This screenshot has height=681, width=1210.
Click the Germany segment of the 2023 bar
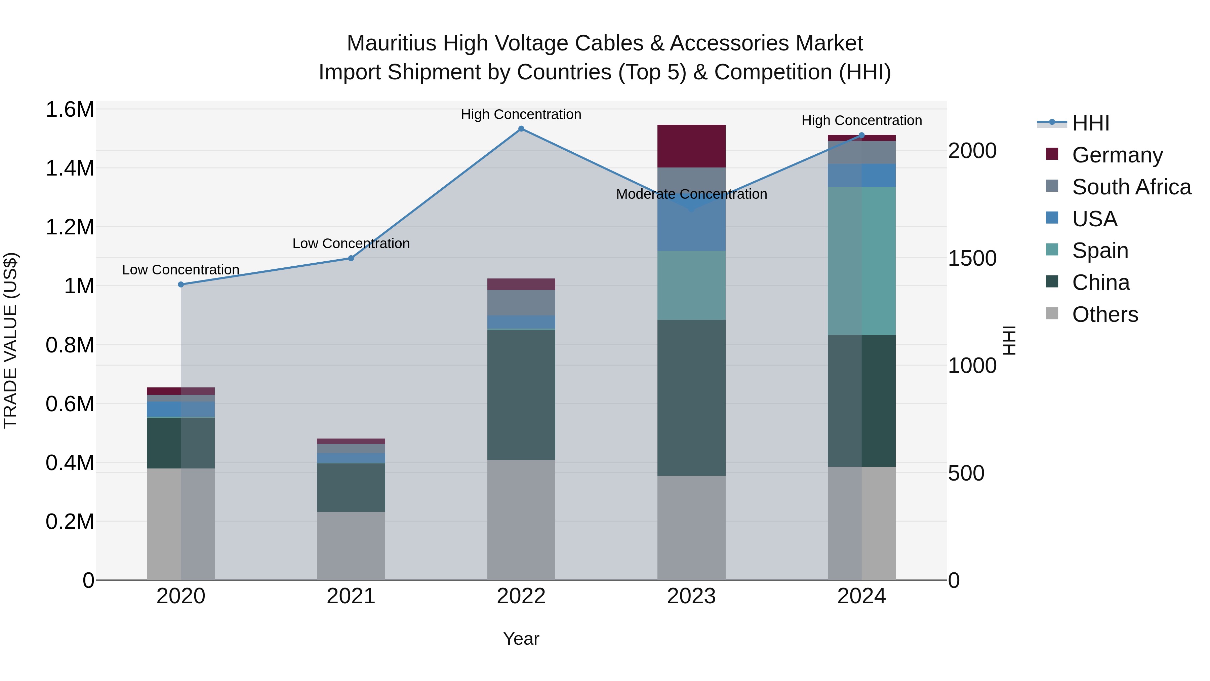691,146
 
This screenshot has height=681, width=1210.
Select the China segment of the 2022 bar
521,395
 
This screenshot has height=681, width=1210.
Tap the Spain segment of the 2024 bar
861,261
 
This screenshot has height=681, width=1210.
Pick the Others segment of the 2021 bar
351,546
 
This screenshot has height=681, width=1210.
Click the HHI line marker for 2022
521,129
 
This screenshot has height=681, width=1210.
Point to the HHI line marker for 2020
181,284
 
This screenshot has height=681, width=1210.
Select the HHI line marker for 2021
351,258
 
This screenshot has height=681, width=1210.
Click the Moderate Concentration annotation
691,194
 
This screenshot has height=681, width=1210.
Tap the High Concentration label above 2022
521,114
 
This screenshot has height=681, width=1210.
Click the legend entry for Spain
1100,251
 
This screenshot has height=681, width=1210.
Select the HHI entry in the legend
1090,123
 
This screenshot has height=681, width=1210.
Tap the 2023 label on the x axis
691,596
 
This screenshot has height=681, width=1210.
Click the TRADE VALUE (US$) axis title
10,340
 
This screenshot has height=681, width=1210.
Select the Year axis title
521,639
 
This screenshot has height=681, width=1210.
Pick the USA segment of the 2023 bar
691,221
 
